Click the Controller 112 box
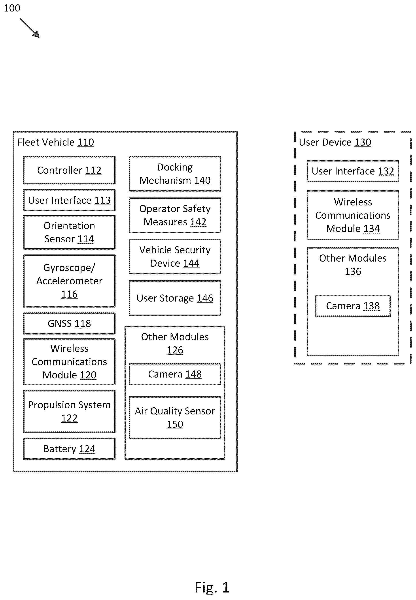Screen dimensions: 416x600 tap(69, 170)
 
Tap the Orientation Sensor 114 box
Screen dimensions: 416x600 tap(69, 232)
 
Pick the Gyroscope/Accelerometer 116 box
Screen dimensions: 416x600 tap(69, 281)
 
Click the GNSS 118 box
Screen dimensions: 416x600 tap(69, 323)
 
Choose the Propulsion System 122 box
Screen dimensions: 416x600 tap(69, 411)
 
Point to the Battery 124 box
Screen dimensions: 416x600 tap(69, 449)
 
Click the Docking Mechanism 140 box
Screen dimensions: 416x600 tap(175, 174)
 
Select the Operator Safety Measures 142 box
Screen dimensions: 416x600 tap(175, 215)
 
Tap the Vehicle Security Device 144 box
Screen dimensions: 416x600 tap(175, 256)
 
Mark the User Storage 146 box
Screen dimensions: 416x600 tap(175, 298)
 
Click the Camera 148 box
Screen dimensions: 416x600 tap(175, 374)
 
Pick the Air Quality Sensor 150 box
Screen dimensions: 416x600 tap(175, 418)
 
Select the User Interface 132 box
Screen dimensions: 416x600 tap(353, 171)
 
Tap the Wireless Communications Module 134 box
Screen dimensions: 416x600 tap(353, 215)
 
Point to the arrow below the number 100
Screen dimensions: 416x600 tap(30, 28)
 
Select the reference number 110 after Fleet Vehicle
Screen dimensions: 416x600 tap(86, 142)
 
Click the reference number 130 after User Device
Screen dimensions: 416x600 tap(363, 142)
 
